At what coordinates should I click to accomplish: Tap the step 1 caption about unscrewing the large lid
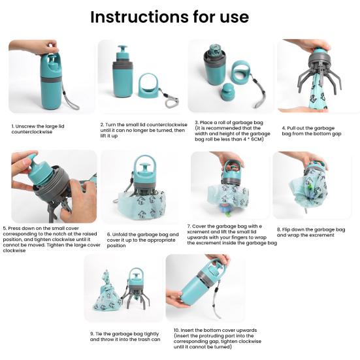tap(38, 129)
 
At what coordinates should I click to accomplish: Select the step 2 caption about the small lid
tap(144, 130)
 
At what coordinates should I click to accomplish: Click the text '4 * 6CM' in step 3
tap(254, 139)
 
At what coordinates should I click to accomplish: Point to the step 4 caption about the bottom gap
tap(312, 131)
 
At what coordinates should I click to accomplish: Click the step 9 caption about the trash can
tap(125, 336)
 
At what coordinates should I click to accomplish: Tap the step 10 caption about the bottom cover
tap(218, 338)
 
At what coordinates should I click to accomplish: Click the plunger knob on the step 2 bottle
tap(123, 52)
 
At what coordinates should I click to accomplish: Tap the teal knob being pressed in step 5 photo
tap(38, 170)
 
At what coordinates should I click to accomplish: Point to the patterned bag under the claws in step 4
tap(318, 95)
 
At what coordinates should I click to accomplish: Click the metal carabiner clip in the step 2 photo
tap(172, 103)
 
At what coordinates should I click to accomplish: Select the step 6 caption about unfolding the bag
tap(142, 240)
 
